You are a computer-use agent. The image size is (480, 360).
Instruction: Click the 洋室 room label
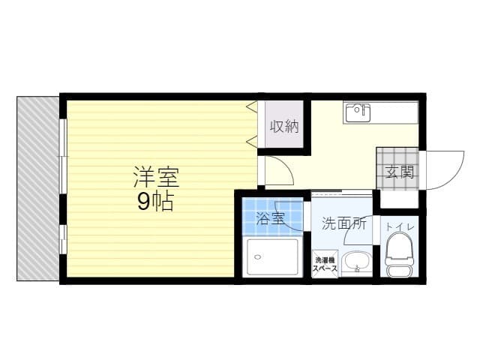(x=156, y=177)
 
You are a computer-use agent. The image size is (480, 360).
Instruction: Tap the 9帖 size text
(x=155, y=201)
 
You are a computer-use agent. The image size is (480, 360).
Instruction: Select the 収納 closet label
(x=284, y=127)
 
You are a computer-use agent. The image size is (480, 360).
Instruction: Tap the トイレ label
(x=398, y=226)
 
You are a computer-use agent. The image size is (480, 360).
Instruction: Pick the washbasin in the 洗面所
(x=356, y=262)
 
